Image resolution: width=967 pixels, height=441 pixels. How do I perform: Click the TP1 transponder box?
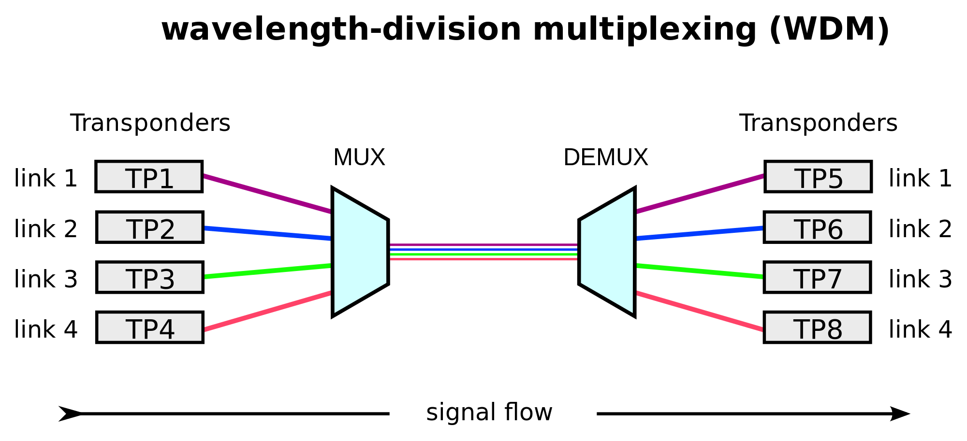coord(149,177)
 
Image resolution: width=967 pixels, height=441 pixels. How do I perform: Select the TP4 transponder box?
coord(150,327)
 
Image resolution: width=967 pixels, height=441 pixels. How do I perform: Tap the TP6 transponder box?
coord(817,227)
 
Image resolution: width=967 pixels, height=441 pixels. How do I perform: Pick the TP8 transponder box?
coord(817,327)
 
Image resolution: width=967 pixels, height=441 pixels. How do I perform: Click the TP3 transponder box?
coord(150,277)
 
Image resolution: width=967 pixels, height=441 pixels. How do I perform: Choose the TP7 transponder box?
coord(817,277)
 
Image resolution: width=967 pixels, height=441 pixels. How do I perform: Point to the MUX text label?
coord(359,157)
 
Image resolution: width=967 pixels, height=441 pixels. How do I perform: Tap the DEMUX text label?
coord(605,157)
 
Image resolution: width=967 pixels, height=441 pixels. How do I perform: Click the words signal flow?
coord(489,413)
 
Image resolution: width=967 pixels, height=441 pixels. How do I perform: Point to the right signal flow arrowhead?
coord(900,414)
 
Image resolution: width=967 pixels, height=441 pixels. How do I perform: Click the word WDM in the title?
coord(830,29)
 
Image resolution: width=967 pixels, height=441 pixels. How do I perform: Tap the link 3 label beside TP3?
coord(46,279)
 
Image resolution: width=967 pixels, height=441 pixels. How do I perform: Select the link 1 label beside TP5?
coord(920,178)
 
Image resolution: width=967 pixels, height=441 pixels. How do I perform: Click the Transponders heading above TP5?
coord(818,123)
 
